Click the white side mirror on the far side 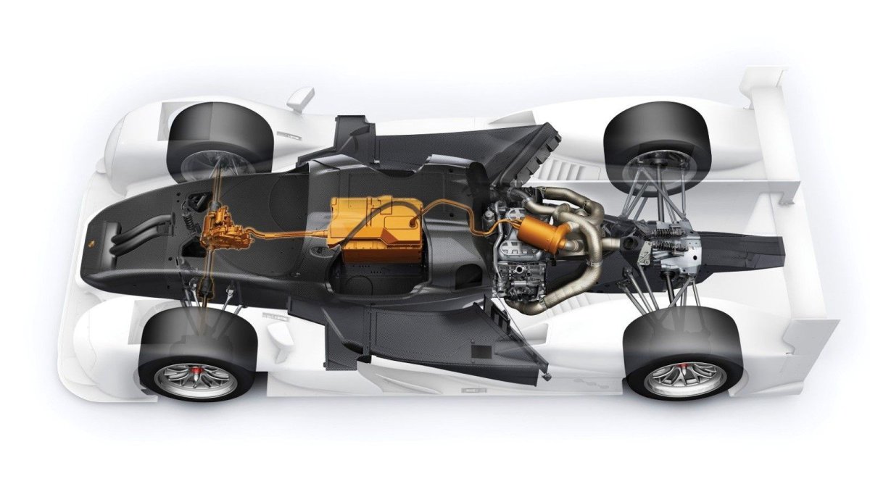[300, 98]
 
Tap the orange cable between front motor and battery [283, 235]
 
